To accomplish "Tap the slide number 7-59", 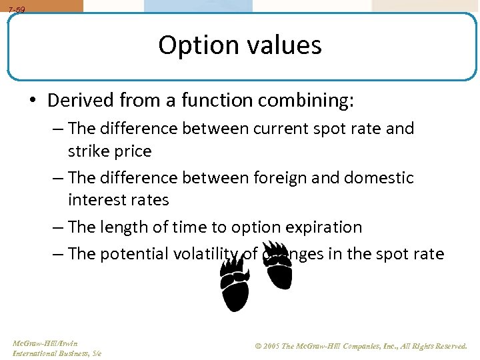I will pos(17,10).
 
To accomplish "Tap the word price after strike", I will pos(133,151).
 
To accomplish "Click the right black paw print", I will pos(278,265).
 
